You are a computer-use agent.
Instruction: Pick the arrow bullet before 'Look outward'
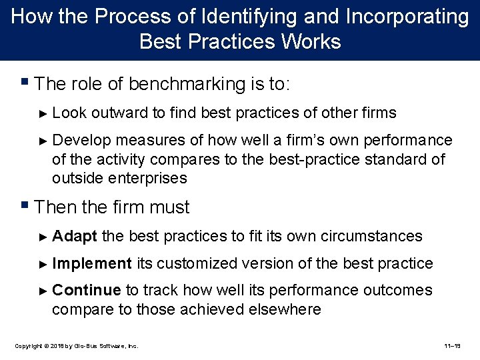click(x=44, y=113)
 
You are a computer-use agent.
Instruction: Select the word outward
click(x=120, y=113)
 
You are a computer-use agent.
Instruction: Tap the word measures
click(x=161, y=140)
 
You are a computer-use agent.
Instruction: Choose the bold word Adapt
click(x=75, y=236)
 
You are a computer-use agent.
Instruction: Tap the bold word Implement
click(x=92, y=263)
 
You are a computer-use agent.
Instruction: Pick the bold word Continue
click(x=86, y=290)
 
